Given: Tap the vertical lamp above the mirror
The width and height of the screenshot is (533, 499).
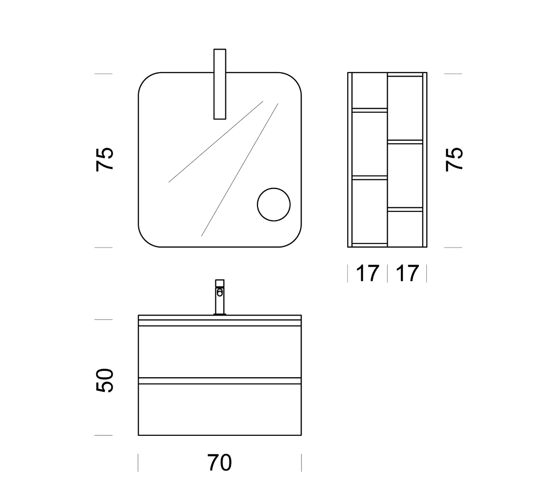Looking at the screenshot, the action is pyautogui.click(x=219, y=84).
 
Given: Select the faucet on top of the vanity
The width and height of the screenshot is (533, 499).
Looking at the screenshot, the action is pyautogui.click(x=219, y=297).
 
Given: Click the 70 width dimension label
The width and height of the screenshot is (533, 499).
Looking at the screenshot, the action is pyautogui.click(x=219, y=462).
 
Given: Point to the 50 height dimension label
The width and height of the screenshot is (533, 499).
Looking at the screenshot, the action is pyautogui.click(x=104, y=380).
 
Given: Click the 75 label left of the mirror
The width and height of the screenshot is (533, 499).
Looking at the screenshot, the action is pyautogui.click(x=104, y=159).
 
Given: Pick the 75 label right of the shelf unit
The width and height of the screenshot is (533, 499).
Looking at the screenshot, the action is pyautogui.click(x=454, y=159).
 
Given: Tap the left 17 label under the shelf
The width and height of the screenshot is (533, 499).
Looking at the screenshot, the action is pyautogui.click(x=368, y=273).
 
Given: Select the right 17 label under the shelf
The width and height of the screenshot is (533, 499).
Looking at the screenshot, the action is pyautogui.click(x=407, y=273).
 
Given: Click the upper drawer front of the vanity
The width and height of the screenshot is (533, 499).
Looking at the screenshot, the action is pyautogui.click(x=219, y=352).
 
